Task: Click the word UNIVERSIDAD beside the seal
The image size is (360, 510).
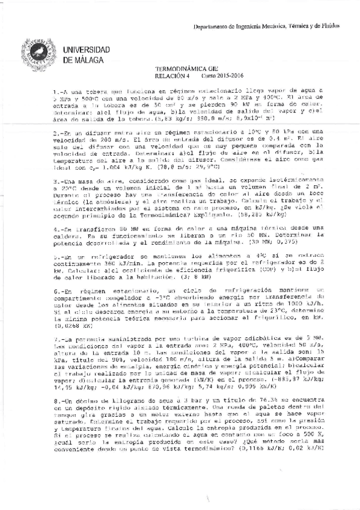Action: [x=88, y=48]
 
